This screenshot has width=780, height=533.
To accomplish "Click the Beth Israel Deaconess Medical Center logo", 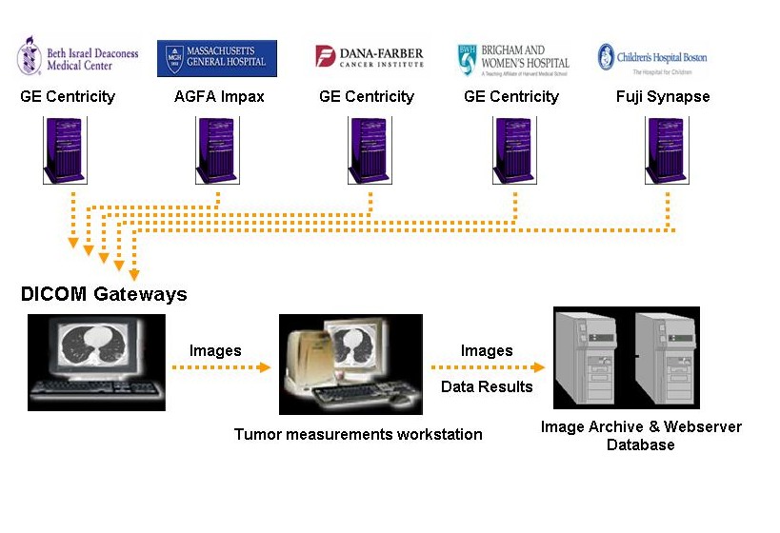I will (77, 57).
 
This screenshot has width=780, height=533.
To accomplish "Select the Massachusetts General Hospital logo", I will (217, 58).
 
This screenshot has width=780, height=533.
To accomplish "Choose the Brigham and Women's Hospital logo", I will (512, 58).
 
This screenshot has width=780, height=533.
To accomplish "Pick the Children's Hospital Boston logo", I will (652, 58).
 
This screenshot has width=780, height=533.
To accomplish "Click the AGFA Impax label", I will (219, 96).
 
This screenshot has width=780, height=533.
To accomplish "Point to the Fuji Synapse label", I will (664, 96).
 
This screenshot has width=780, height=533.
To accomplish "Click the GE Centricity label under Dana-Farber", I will (367, 96).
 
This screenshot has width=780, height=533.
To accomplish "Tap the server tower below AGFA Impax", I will (217, 149).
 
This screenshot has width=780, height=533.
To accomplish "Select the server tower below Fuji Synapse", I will (667, 149).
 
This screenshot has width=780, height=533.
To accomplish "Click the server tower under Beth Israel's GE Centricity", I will (65, 149).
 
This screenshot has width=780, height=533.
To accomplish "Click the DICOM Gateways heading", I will (104, 294).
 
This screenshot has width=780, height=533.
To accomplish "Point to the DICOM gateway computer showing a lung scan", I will (96, 363).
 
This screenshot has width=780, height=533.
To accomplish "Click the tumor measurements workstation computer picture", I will (350, 365).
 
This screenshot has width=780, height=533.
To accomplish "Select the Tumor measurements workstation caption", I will (358, 434).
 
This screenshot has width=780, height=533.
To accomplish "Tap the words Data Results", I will (487, 386).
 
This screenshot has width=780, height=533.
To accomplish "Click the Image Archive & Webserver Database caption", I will (640, 436).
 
